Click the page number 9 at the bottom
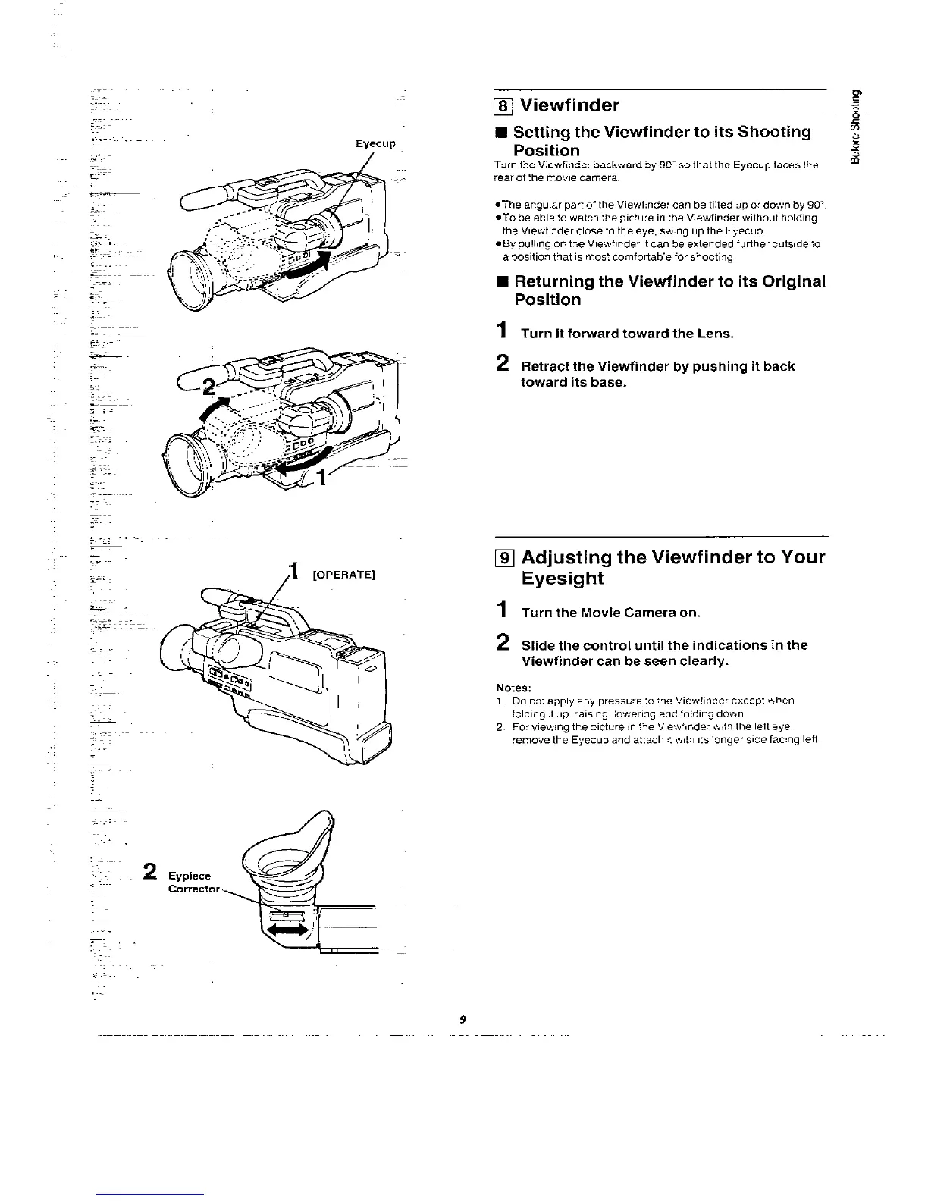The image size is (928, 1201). tap(462, 1020)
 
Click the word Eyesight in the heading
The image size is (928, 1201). tap(562, 579)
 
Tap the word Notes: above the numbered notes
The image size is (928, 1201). tap(513, 688)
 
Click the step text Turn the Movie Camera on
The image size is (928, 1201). tap(610, 613)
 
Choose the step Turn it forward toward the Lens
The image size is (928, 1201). tap(627, 334)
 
